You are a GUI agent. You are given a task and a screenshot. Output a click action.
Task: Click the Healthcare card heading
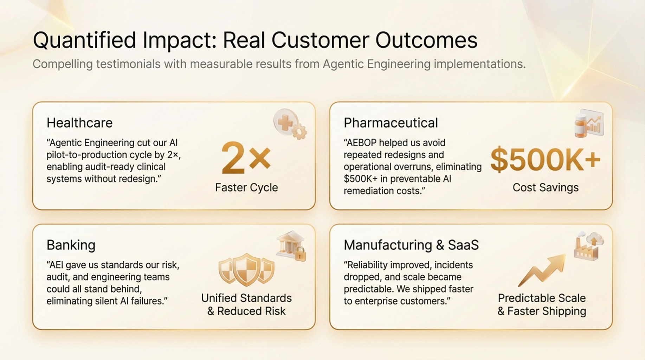click(x=79, y=123)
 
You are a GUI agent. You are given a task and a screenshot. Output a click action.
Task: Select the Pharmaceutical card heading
click(x=391, y=123)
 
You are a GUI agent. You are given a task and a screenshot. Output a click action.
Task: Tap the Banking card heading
click(x=71, y=245)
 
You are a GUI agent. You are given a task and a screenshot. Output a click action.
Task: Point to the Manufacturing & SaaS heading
click(x=411, y=245)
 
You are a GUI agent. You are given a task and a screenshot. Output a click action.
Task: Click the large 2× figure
click(x=246, y=158)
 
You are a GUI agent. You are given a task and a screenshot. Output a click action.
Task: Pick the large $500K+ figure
click(x=545, y=160)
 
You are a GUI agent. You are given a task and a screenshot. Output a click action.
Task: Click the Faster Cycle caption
click(x=246, y=187)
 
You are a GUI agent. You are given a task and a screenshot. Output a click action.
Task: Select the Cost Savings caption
click(x=546, y=187)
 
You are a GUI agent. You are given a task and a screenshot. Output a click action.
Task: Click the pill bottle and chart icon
click(x=589, y=123)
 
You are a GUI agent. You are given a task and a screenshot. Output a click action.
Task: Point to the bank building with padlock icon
click(x=291, y=246)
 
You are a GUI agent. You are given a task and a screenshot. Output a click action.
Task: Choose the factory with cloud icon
click(x=589, y=245)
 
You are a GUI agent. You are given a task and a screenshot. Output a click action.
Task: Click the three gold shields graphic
click(x=246, y=270)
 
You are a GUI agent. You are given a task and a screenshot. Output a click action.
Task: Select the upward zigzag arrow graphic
click(x=542, y=270)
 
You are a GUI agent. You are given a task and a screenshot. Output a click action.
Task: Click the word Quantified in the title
click(x=84, y=40)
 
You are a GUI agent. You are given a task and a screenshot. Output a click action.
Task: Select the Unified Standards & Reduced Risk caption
click(x=246, y=304)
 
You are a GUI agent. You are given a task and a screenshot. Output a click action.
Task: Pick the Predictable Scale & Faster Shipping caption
click(x=542, y=304)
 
